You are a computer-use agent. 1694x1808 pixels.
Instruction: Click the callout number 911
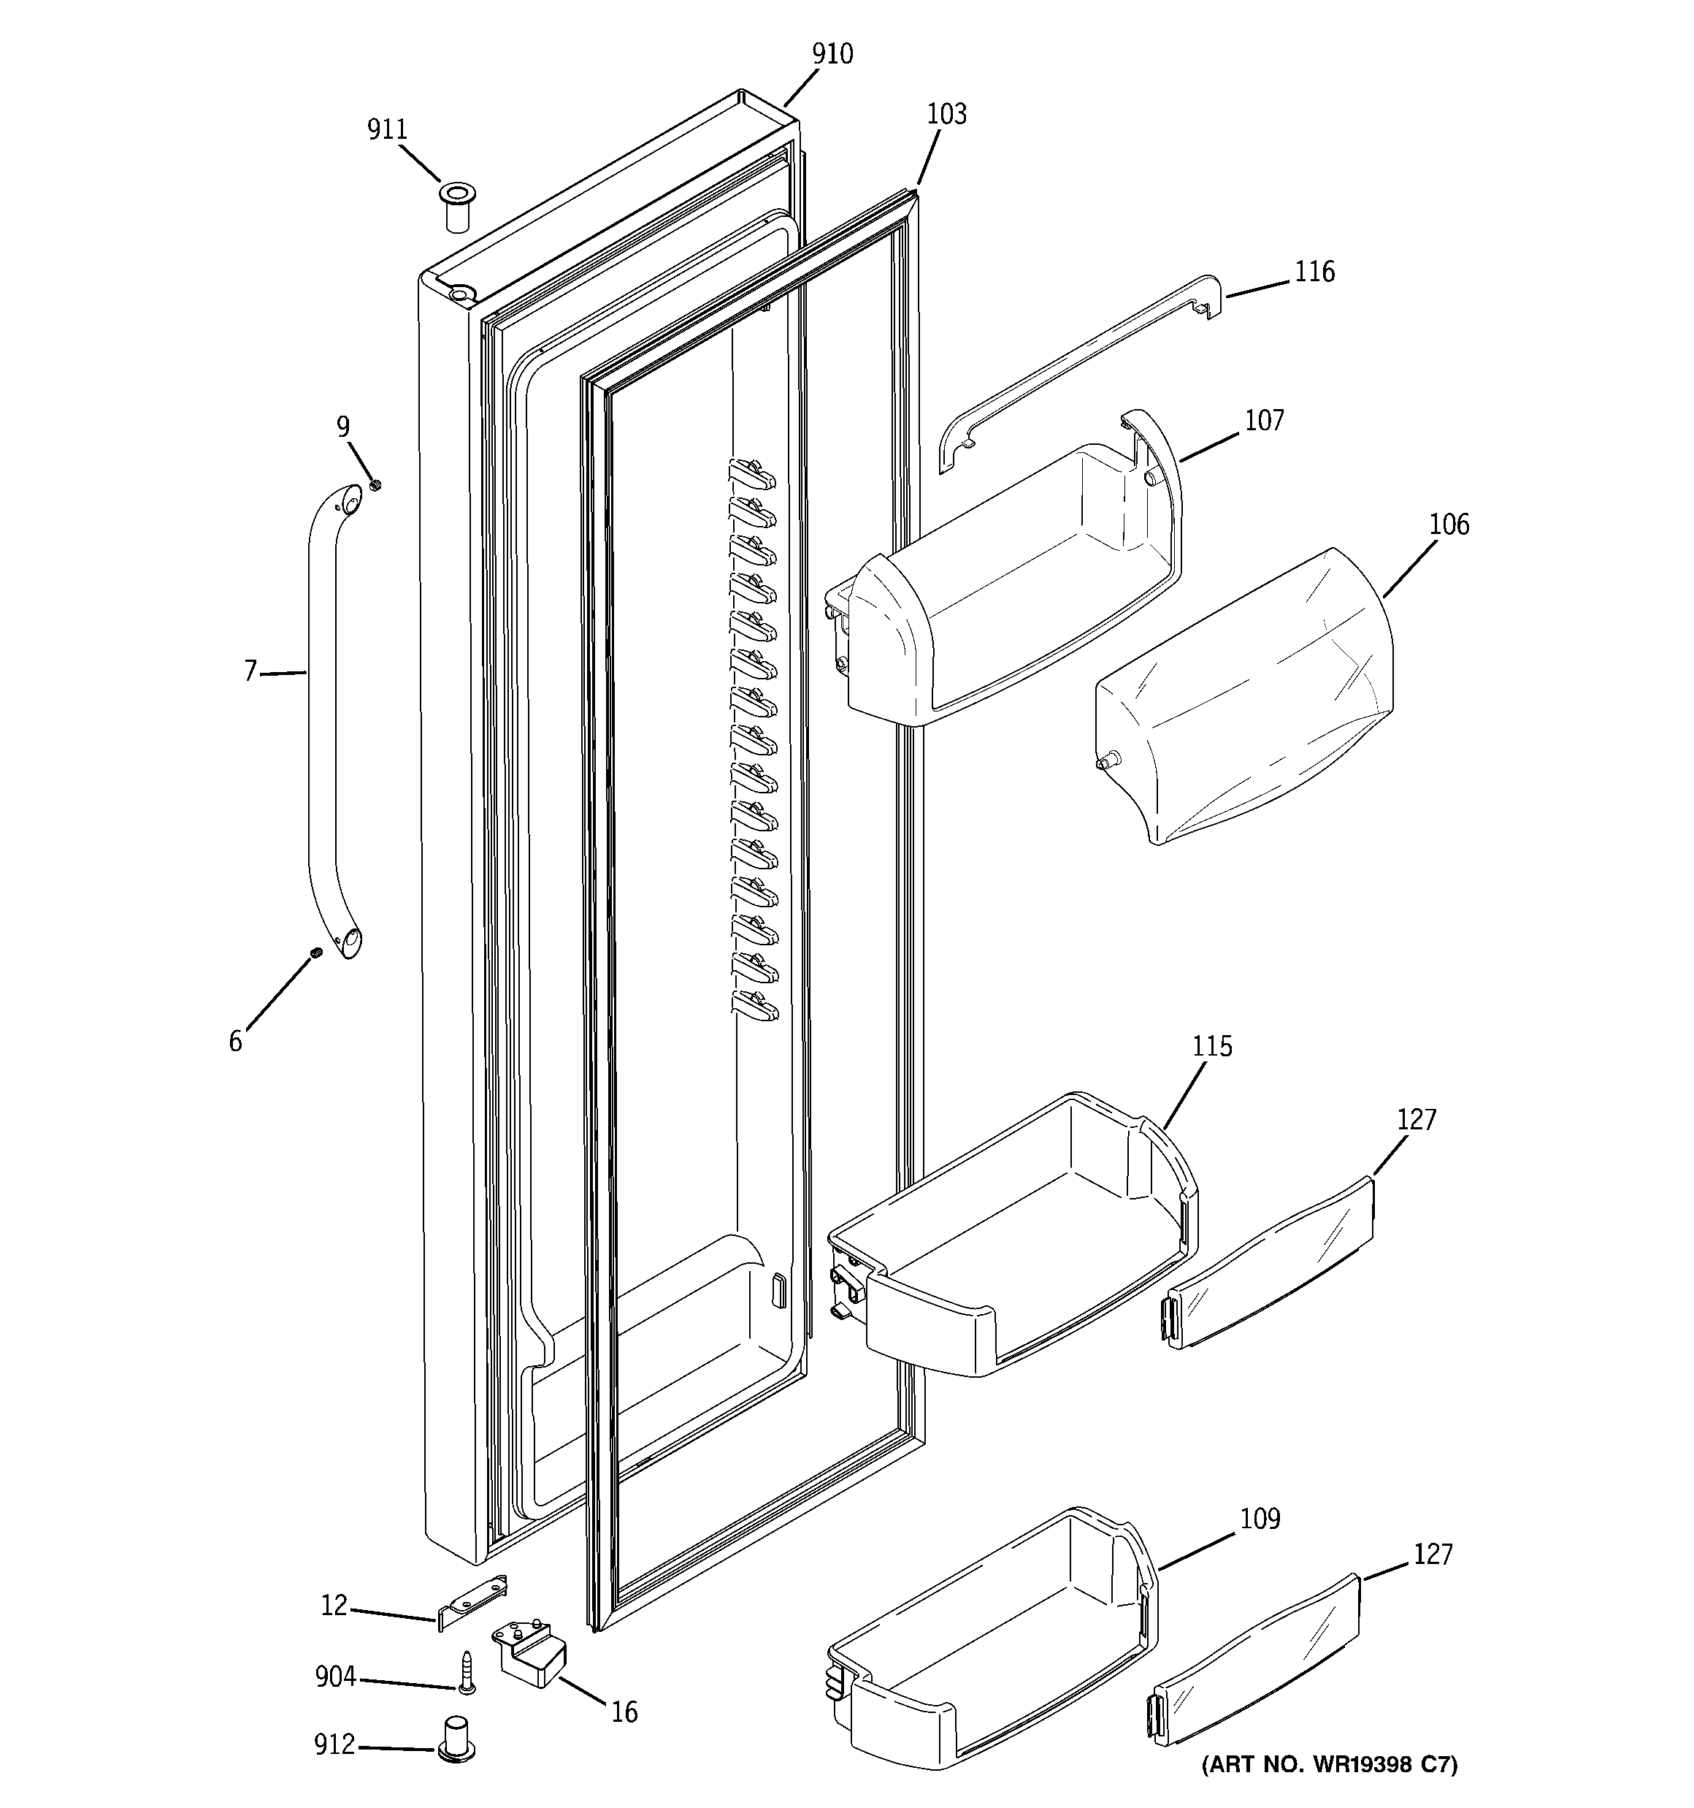pyautogui.click(x=386, y=130)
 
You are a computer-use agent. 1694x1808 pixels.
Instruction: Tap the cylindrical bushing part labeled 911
pyautogui.click(x=456, y=208)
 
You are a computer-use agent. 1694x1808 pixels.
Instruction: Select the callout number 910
pyautogui.click(x=832, y=55)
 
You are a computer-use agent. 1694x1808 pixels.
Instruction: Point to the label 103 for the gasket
pyautogui.click(x=946, y=115)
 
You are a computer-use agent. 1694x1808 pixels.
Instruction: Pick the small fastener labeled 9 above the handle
pyautogui.click(x=375, y=486)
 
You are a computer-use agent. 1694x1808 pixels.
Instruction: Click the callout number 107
pyautogui.click(x=1264, y=421)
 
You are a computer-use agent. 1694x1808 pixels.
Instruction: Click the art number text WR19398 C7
pyautogui.click(x=1330, y=1790)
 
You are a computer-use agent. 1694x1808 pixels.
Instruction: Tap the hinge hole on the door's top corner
pyautogui.click(x=462, y=293)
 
